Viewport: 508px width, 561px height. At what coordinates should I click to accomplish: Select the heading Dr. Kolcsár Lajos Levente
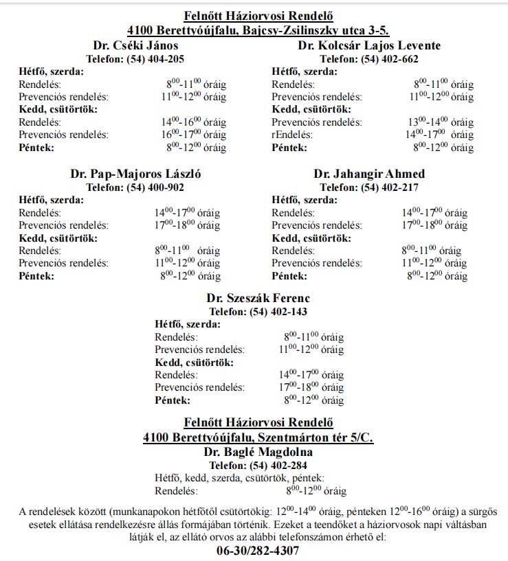click(x=369, y=46)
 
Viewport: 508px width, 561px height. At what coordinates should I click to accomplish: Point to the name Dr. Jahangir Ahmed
click(x=369, y=174)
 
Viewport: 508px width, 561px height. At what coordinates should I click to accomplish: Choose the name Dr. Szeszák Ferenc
click(x=258, y=298)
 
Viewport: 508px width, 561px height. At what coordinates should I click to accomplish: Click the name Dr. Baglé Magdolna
click(x=258, y=453)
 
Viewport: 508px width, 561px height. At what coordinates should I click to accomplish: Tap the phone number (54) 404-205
click(x=155, y=59)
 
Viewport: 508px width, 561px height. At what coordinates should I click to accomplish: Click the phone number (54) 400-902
click(x=155, y=187)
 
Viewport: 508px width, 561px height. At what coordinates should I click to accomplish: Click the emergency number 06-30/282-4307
click(x=258, y=551)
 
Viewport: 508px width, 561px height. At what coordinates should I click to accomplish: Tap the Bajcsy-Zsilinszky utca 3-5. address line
click(x=258, y=30)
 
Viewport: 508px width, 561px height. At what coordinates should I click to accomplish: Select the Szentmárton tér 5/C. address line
click(x=258, y=437)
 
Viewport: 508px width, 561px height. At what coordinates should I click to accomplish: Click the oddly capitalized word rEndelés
click(x=292, y=135)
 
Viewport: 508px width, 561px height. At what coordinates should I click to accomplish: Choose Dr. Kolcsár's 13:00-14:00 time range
click(x=441, y=122)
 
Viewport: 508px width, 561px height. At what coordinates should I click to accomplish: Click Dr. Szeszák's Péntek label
click(x=173, y=400)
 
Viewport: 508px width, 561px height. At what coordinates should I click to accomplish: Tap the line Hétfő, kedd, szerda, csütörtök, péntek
click(x=239, y=479)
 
